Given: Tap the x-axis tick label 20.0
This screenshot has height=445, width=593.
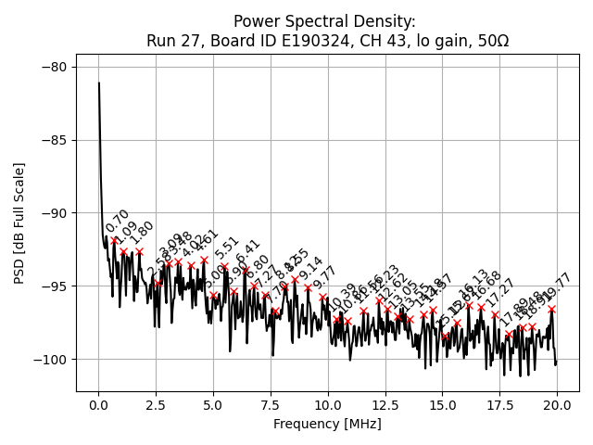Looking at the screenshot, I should (556, 405).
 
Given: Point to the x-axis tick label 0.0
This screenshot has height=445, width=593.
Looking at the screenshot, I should (98, 405).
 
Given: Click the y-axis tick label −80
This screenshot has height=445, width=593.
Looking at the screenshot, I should (52, 67).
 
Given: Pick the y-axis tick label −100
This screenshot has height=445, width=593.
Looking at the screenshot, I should (48, 360).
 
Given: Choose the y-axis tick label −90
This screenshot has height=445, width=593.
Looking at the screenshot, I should (52, 213).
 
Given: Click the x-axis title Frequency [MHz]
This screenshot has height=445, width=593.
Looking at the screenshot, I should (327, 425).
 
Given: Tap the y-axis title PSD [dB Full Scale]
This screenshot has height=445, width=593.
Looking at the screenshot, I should (19, 222).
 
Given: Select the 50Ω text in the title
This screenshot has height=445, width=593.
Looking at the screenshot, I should (490, 41).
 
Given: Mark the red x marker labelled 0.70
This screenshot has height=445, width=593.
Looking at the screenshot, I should (115, 241).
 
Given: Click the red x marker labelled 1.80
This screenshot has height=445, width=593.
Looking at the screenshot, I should (140, 251).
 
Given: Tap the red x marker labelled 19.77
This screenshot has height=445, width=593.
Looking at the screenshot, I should (551, 309).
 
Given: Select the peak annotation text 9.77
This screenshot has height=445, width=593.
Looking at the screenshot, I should (324, 278).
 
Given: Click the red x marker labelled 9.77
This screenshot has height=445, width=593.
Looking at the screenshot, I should (322, 298).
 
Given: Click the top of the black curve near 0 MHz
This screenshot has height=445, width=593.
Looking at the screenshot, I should (99, 83).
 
